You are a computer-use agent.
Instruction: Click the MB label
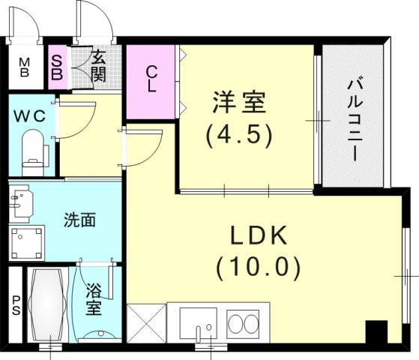click(x=23, y=67)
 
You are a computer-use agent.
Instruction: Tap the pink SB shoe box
click(x=57, y=67)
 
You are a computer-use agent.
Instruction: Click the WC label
click(x=29, y=117)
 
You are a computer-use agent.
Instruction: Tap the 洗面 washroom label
click(x=79, y=221)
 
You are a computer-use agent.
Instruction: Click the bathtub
click(x=47, y=306)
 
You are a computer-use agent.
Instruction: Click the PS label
click(x=14, y=306)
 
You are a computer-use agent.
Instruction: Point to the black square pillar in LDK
click(x=375, y=331)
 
